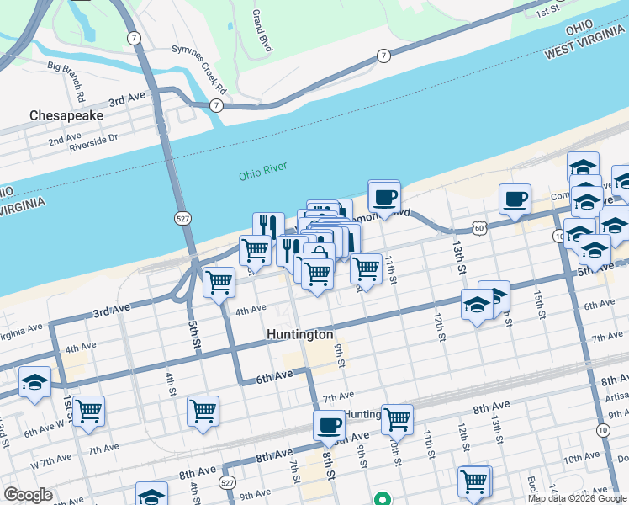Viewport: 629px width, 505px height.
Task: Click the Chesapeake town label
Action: (x=66, y=114)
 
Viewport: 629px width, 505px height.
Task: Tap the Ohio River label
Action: (x=262, y=173)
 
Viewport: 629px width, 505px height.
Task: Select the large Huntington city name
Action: (x=299, y=334)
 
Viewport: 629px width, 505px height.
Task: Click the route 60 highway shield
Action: (x=478, y=227)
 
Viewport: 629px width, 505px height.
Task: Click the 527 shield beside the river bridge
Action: (x=182, y=218)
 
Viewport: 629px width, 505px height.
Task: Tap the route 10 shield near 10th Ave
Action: (x=603, y=430)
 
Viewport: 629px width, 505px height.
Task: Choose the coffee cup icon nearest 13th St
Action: (x=515, y=199)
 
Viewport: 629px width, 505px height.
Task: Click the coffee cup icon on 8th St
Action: (x=330, y=425)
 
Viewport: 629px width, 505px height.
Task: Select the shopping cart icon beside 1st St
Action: (x=88, y=412)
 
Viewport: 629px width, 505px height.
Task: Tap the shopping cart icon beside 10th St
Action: (x=397, y=417)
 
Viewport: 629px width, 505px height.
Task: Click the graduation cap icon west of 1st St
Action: (x=35, y=382)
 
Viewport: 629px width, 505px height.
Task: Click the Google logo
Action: (x=29, y=496)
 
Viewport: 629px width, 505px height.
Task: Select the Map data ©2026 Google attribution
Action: (x=577, y=498)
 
